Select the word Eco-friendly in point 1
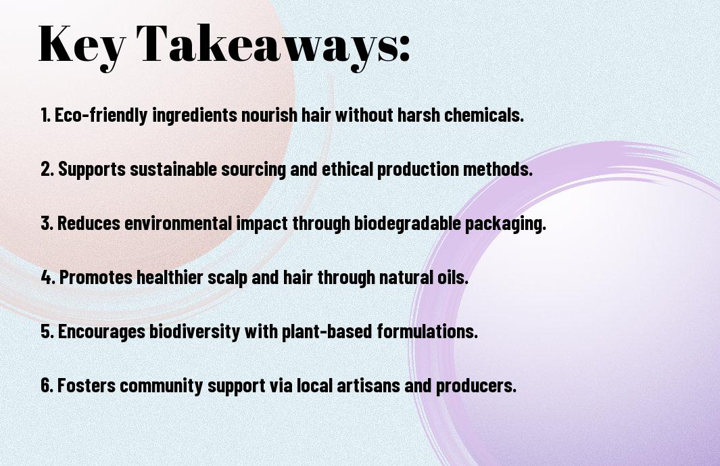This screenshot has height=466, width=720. point(101,115)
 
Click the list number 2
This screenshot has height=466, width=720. point(47,169)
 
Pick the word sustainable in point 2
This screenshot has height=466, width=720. point(173,169)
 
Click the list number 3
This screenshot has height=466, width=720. point(47,223)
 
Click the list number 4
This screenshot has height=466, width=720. point(48,277)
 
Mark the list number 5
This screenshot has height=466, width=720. point(47,331)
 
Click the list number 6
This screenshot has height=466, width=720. point(47,385)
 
